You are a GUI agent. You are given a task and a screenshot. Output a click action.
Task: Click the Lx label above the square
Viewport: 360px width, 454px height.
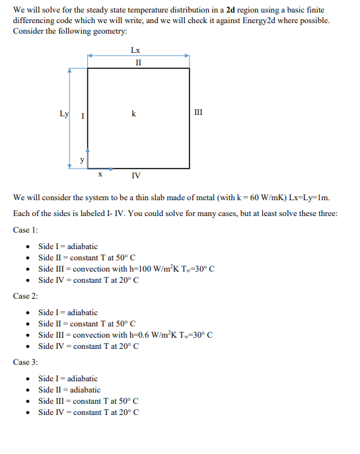(x=135, y=50)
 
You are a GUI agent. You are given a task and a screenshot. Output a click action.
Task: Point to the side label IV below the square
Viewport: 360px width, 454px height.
(x=135, y=175)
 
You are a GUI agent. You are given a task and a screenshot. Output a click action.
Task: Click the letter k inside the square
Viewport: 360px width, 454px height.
(x=134, y=114)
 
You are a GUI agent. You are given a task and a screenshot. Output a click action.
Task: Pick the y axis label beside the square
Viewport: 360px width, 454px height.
(x=82, y=159)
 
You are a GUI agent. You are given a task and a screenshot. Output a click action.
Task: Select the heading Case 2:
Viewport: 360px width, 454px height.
(x=26, y=295)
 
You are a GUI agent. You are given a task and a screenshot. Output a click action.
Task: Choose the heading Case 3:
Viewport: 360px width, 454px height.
(x=26, y=362)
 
